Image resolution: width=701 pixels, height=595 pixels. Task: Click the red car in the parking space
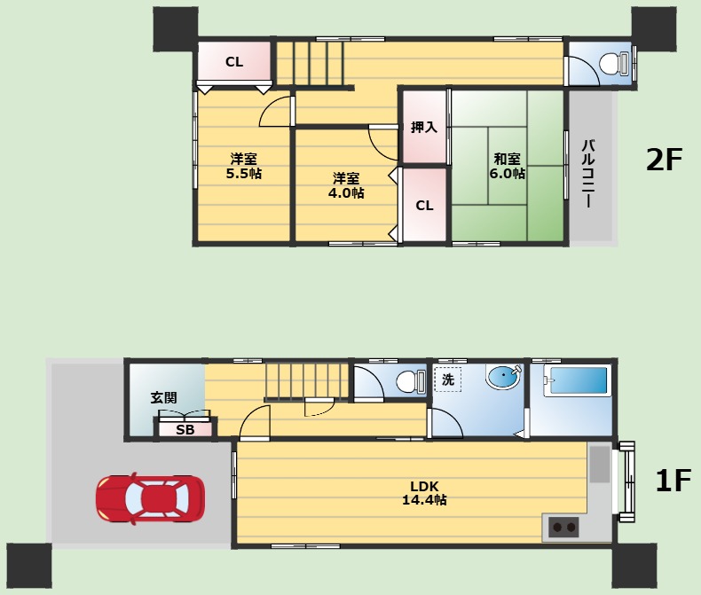[x=150, y=498]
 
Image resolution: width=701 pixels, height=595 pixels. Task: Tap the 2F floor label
[x=664, y=160]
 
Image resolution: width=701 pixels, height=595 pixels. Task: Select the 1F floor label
[x=673, y=481]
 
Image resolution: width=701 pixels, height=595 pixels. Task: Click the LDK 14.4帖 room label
[x=424, y=493]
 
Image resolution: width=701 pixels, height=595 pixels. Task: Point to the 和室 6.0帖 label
[x=507, y=166]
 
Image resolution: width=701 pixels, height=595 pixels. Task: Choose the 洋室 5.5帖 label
[x=244, y=166]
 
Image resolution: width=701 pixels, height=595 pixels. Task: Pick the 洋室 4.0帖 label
[x=346, y=186]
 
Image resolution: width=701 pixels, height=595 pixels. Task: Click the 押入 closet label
[x=424, y=128]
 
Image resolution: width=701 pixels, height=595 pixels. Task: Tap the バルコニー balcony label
[x=588, y=174]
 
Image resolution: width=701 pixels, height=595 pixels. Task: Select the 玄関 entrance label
[x=163, y=397]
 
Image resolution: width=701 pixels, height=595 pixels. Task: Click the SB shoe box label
[x=185, y=430]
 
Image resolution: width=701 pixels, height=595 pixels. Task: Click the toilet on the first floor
[x=411, y=382]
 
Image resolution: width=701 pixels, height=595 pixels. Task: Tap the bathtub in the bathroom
[x=577, y=381]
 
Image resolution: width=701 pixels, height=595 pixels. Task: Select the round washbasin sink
[x=504, y=377]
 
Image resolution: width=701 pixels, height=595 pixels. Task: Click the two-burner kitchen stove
[x=563, y=527]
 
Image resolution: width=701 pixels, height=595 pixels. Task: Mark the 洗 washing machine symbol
[x=448, y=380]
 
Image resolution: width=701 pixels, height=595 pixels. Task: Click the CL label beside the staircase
[x=234, y=62]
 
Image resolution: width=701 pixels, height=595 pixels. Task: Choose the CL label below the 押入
[x=424, y=206]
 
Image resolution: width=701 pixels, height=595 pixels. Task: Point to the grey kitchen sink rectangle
[x=600, y=464]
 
